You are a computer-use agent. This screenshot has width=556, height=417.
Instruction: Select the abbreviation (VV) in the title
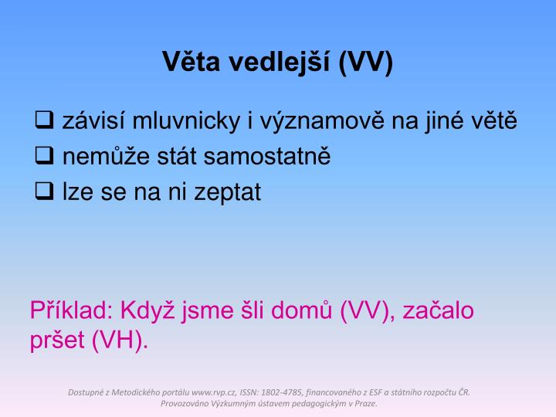pos(365,63)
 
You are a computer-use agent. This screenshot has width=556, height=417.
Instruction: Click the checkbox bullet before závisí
pos(45,120)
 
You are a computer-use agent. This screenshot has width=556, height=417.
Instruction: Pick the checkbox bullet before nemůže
pos(45,157)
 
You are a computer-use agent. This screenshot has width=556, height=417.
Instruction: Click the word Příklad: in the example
pos(70,311)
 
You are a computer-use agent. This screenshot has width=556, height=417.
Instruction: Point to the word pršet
pos(57,341)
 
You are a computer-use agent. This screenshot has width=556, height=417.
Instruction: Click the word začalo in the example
pos(440,311)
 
